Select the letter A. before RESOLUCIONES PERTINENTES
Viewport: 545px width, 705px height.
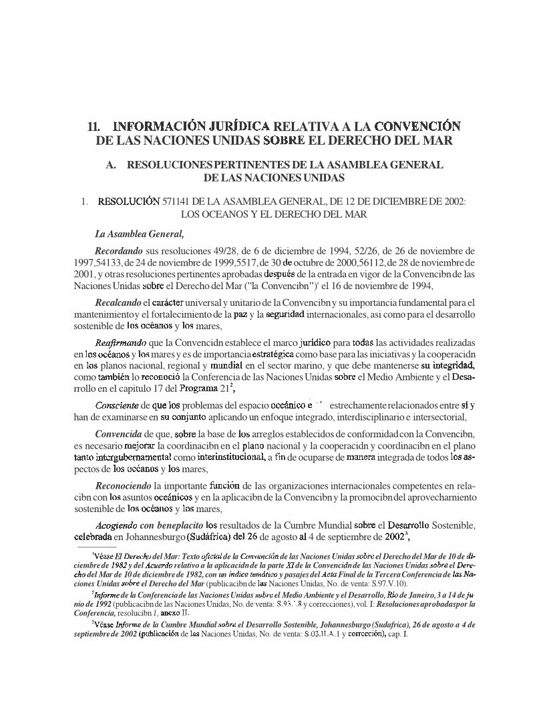(x=111, y=164)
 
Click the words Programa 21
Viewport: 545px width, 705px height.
(x=202, y=390)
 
